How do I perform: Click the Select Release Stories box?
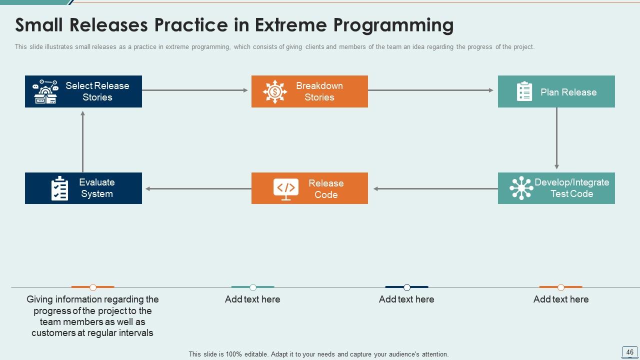[83, 91]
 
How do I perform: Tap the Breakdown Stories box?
[309, 91]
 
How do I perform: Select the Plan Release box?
[556, 91]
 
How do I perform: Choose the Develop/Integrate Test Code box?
[556, 188]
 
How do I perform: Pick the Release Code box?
[309, 188]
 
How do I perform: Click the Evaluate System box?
[83, 188]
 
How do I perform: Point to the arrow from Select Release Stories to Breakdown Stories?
[195, 90]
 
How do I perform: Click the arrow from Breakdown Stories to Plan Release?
[430, 90]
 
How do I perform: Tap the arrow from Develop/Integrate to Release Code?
[435, 189]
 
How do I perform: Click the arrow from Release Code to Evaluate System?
[198, 189]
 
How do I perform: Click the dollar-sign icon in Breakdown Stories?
[275, 91]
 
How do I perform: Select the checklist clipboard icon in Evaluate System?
[60, 188]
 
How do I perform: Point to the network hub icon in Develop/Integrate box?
[521, 188]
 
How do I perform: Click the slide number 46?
[629, 352]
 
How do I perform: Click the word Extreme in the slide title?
[288, 24]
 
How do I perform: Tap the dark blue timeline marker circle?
[407, 287]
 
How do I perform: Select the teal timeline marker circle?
[253, 287]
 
